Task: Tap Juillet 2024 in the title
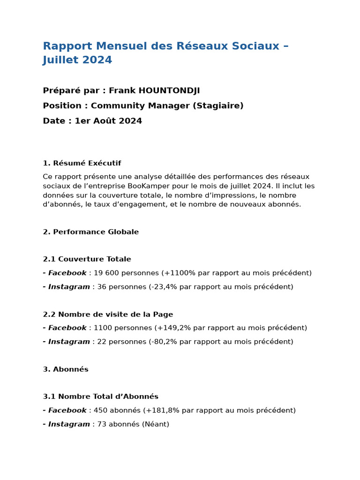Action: pos(77,60)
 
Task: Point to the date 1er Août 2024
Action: pos(108,121)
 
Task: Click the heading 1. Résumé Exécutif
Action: pos(82,163)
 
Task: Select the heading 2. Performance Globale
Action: pos(90,232)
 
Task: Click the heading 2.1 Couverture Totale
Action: pos(87,259)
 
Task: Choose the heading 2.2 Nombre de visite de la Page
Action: pos(108,315)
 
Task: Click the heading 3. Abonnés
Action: pos(66,369)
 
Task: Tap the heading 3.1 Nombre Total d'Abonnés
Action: pos(100,397)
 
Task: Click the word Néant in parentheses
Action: pos(157,424)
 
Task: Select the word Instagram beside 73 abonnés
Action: pos(69,424)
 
